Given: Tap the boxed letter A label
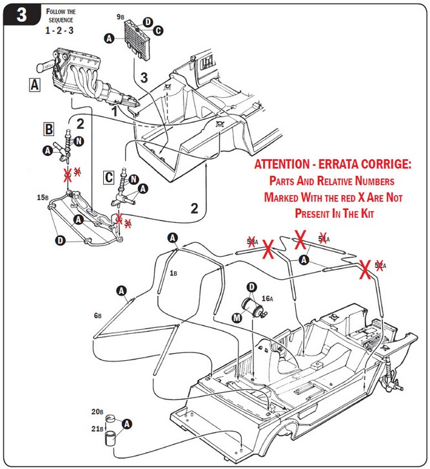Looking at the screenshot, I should pyautogui.click(x=35, y=84).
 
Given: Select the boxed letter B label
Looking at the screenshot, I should pyautogui.click(x=48, y=129).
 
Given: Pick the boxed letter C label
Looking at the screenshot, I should pyautogui.click(x=110, y=176).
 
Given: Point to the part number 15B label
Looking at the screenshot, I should pyautogui.click(x=43, y=197).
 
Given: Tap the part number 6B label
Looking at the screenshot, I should pyautogui.click(x=98, y=316).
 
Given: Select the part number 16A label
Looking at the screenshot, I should pyautogui.click(x=268, y=299).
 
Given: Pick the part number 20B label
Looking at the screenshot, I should pyautogui.click(x=97, y=411).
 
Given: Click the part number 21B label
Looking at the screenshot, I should pyautogui.click(x=97, y=428).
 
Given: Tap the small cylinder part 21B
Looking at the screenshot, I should pyautogui.click(x=111, y=439).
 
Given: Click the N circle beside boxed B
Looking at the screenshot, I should pyautogui.click(x=79, y=140).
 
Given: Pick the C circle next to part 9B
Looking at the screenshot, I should pyautogui.click(x=157, y=30).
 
